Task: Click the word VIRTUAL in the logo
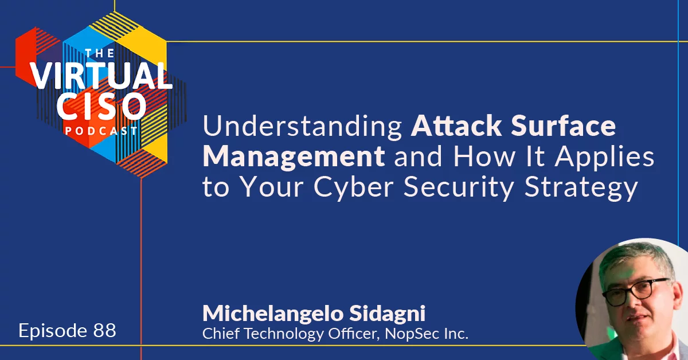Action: click(101, 76)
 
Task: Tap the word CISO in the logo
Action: click(101, 106)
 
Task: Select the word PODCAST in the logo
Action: click(101, 131)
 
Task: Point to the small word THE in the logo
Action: click(100, 53)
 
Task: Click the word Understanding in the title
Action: click(302, 126)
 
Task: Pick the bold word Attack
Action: click(456, 126)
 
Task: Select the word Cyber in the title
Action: click(353, 187)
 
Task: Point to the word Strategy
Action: click(581, 187)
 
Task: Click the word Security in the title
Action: click(459, 187)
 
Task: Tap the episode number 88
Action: click(104, 331)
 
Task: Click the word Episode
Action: click(53, 331)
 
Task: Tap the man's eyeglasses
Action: click(635, 292)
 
